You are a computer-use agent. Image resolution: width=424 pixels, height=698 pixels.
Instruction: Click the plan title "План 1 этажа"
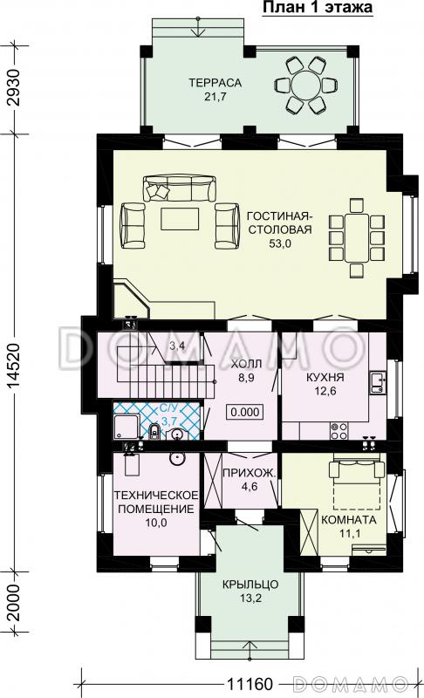coord(318,8)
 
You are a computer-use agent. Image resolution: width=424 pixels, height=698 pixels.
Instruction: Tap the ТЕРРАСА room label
coord(215,83)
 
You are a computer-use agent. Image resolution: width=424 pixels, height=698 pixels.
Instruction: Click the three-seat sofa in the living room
coord(180,188)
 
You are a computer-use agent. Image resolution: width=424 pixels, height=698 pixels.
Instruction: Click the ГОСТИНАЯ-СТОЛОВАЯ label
coord(280,222)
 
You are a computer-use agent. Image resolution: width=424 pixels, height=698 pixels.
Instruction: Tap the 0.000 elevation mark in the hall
coord(245,412)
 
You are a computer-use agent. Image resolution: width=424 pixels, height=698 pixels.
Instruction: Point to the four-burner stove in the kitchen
coord(339,430)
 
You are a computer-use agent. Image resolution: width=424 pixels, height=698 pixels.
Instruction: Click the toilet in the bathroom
coord(154,431)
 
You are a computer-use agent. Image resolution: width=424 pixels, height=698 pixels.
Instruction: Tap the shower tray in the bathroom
coord(127,427)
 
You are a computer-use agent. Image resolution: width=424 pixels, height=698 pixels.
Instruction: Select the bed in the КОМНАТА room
coord(357,485)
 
